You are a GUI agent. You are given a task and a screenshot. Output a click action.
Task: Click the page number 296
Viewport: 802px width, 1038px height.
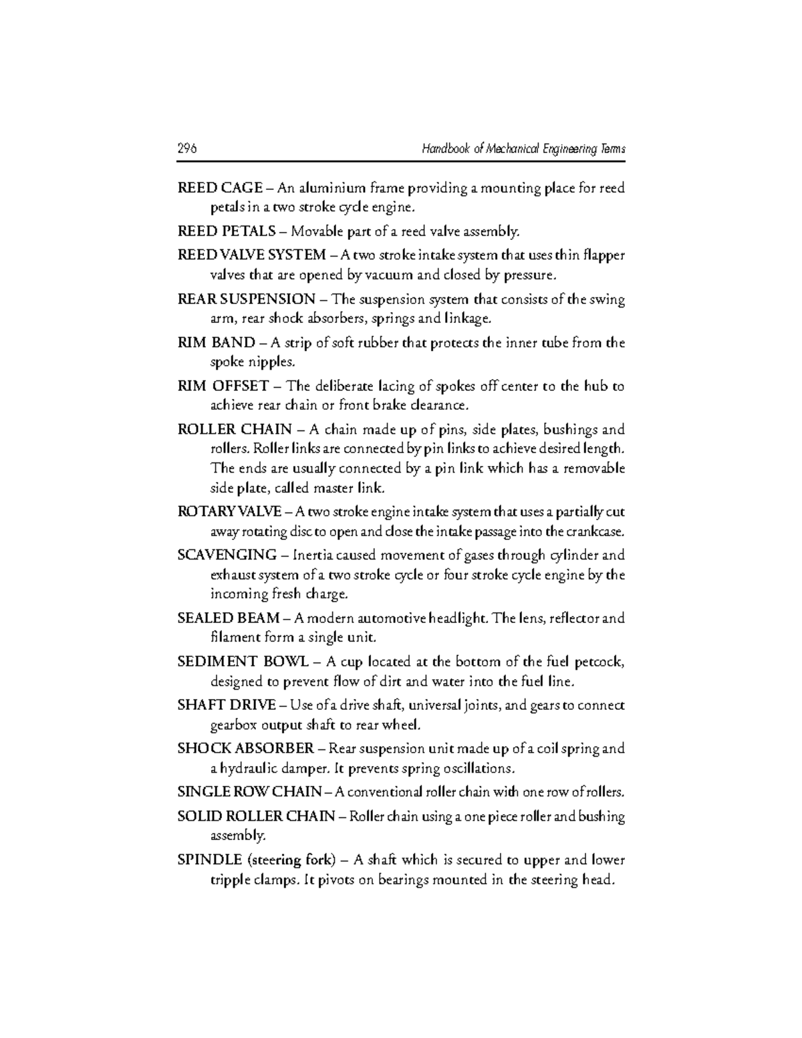(187, 149)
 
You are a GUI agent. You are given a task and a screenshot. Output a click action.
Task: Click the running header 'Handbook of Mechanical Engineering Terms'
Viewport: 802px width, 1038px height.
(523, 149)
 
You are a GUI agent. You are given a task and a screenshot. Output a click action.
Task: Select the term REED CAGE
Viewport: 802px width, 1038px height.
(220, 188)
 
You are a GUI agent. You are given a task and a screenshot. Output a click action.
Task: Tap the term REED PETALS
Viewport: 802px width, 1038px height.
(226, 232)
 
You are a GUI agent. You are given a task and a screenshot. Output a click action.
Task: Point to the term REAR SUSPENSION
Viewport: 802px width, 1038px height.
(246, 299)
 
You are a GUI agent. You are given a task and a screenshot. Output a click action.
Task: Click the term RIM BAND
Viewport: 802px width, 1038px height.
(216, 343)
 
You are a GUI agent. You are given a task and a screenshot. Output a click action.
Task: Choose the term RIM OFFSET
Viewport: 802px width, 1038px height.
(223, 386)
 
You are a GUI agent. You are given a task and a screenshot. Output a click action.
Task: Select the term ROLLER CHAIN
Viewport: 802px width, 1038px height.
(235, 429)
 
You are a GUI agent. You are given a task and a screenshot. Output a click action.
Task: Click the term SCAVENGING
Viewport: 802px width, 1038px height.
(227, 555)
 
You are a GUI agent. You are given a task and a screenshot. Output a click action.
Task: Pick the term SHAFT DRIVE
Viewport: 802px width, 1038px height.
(226, 705)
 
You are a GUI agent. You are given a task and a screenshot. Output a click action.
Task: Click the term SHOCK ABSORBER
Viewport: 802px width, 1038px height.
(245, 748)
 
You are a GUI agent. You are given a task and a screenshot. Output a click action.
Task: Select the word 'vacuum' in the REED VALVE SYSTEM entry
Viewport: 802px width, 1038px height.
(389, 275)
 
